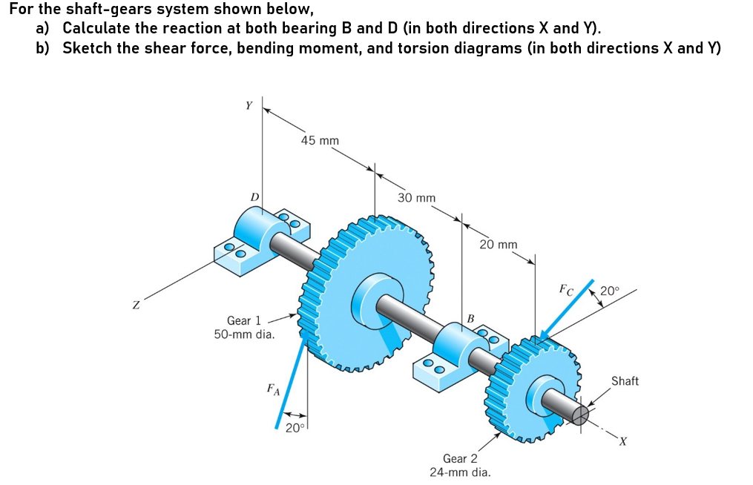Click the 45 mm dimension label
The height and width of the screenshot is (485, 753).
pyautogui.click(x=320, y=140)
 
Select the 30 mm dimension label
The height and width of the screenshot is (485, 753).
pyautogui.click(x=416, y=198)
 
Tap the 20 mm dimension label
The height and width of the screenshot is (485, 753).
pyautogui.click(x=499, y=244)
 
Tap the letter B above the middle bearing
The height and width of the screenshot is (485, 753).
pyautogui.click(x=470, y=319)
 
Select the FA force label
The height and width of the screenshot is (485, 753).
pyautogui.click(x=273, y=389)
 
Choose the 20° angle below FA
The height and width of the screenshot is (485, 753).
pyautogui.click(x=295, y=428)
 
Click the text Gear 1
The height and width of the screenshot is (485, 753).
pyautogui.click(x=244, y=320)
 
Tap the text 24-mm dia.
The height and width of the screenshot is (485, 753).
pyautogui.click(x=460, y=472)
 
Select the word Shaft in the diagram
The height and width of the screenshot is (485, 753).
pyautogui.click(x=625, y=380)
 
